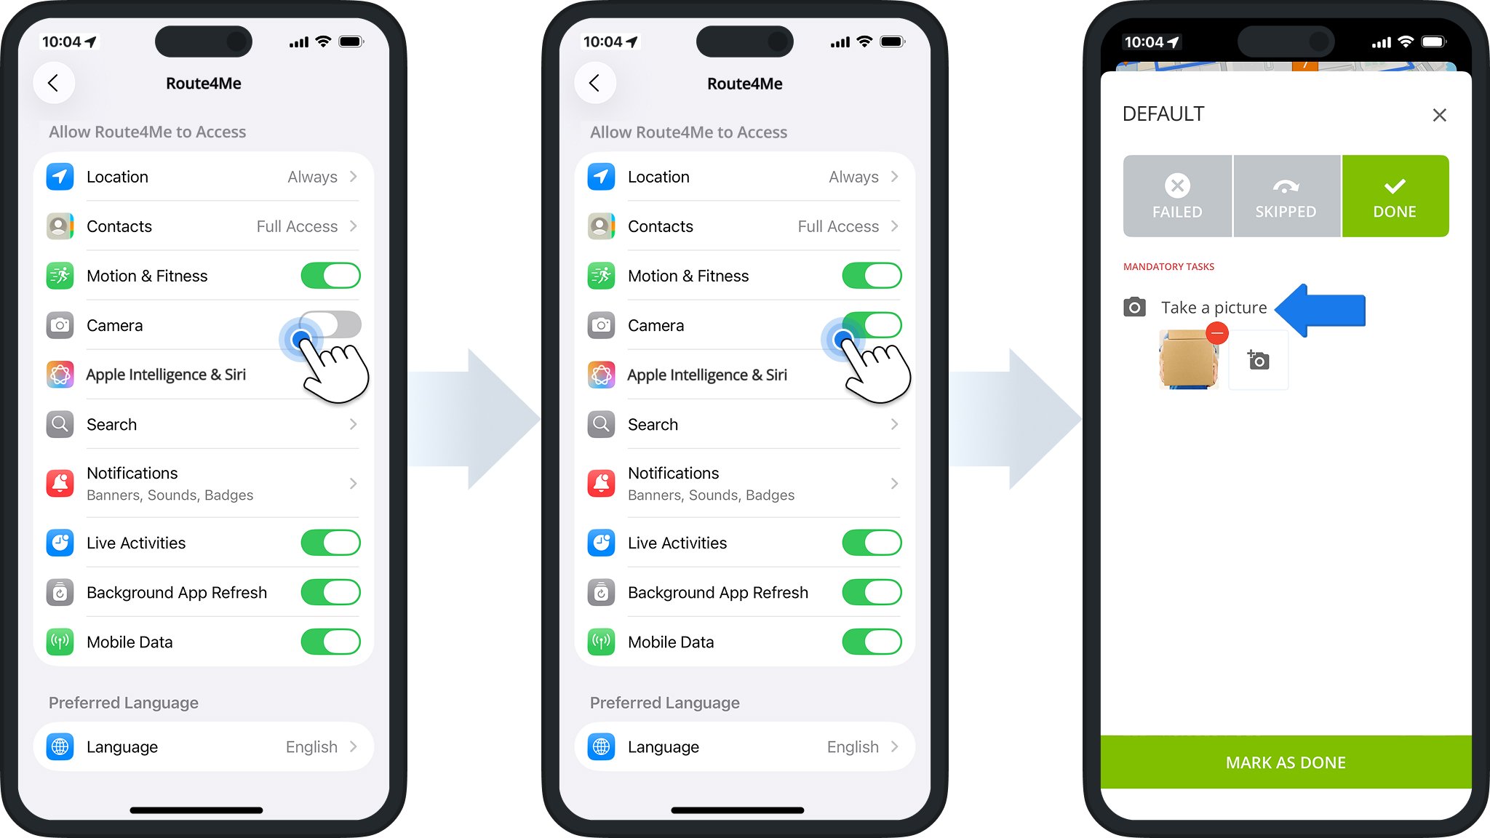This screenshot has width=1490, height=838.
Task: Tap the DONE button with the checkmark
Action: point(1395,196)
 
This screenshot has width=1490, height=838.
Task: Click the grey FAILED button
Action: point(1177,196)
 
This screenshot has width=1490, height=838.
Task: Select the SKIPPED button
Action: point(1286,196)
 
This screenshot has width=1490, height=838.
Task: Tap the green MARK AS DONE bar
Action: point(1286,762)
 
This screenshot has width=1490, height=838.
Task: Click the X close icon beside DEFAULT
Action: point(1439,115)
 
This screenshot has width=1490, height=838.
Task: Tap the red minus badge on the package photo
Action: point(1217,333)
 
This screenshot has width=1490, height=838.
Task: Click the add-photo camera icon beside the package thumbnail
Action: point(1259,360)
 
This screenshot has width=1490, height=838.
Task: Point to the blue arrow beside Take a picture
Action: point(1320,310)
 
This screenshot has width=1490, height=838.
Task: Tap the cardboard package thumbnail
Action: point(1188,359)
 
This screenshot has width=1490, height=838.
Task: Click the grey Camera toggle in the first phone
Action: point(330,324)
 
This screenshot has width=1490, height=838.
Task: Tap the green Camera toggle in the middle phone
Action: point(872,324)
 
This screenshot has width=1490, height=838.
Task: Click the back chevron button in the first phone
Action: point(53,83)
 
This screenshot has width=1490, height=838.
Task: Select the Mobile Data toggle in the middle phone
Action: point(872,642)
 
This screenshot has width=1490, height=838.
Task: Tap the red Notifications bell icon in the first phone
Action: point(60,483)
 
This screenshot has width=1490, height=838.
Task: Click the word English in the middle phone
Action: point(853,747)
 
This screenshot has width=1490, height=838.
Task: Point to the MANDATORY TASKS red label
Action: point(1168,267)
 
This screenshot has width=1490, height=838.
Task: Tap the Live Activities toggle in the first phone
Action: point(330,543)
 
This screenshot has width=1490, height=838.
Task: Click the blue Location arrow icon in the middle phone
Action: point(602,177)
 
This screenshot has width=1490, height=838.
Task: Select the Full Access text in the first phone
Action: point(297,226)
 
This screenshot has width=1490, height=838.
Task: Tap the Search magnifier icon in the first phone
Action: point(60,424)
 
